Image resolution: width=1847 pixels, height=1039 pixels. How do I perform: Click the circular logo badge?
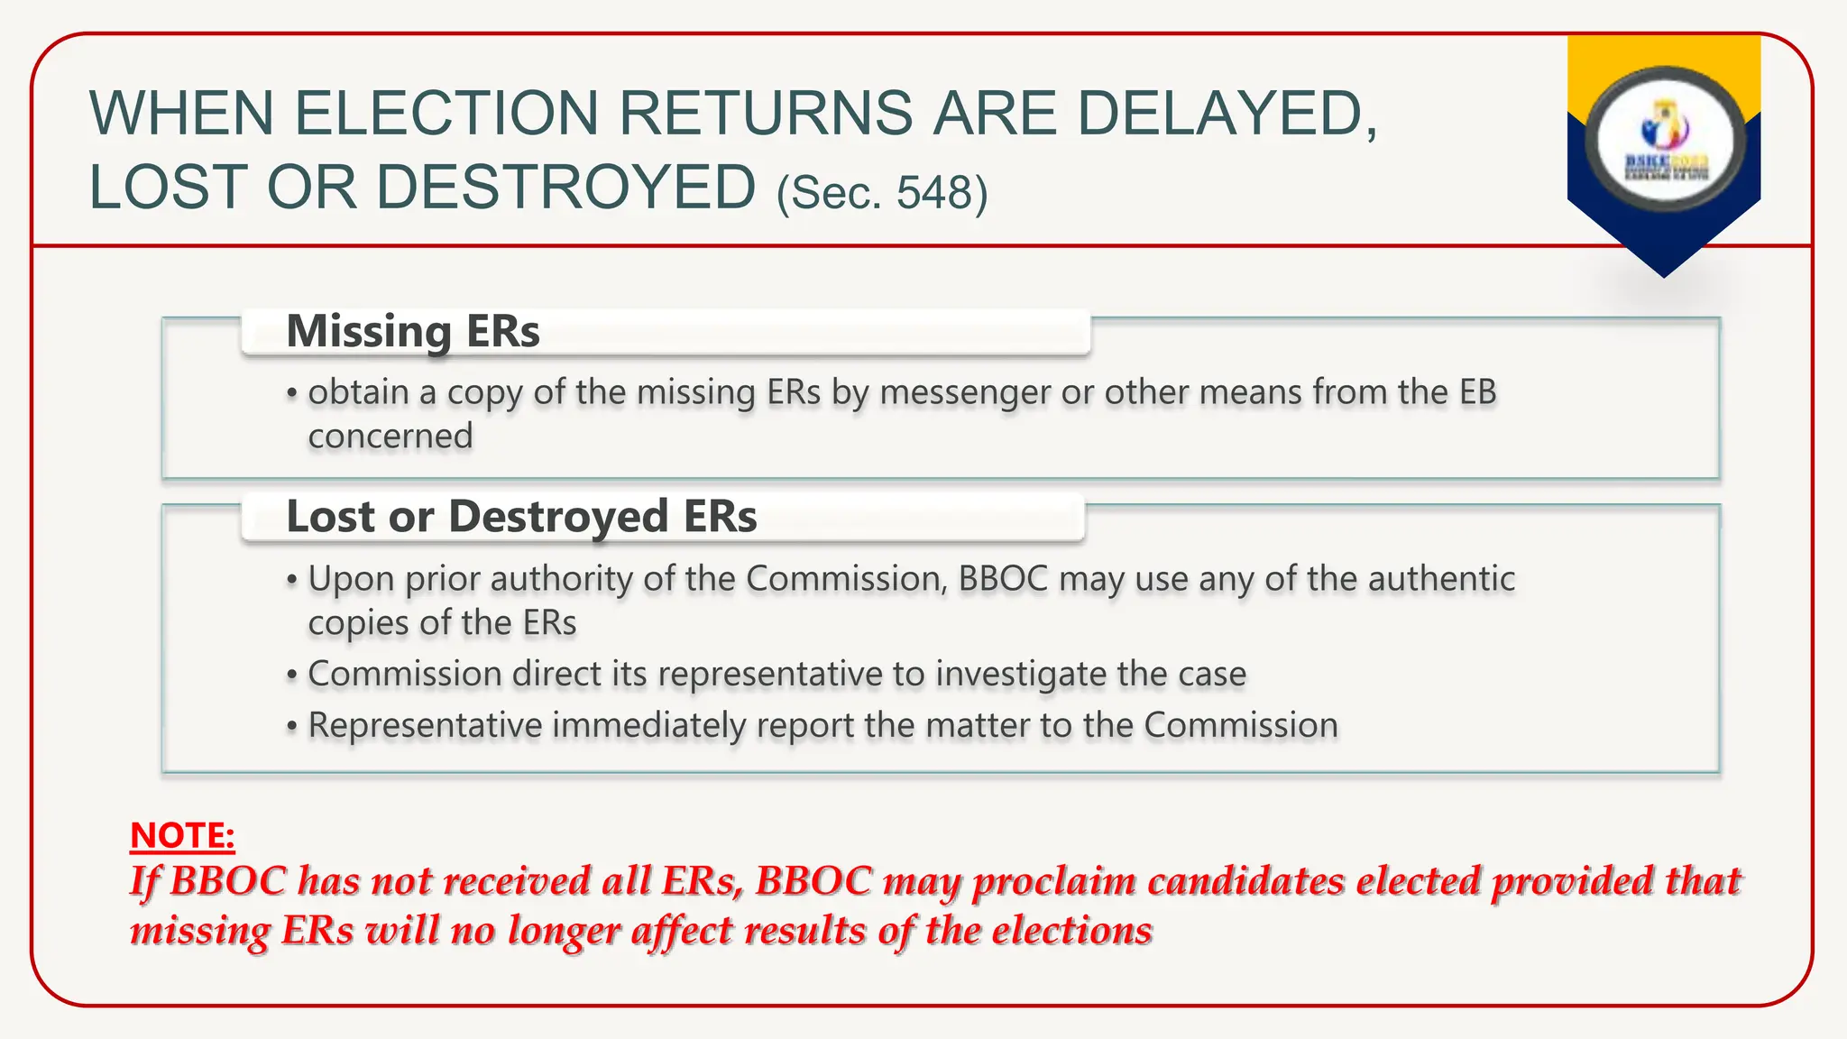[x=1665, y=139]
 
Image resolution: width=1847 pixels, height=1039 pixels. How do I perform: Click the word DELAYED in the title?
[x=1227, y=114]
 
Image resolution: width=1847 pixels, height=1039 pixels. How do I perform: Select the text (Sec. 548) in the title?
[x=882, y=192]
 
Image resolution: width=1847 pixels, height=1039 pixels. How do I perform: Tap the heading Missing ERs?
[x=413, y=331]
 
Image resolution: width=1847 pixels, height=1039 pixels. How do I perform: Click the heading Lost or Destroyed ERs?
[x=521, y=517]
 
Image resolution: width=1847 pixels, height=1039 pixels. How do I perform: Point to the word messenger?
[x=965, y=392]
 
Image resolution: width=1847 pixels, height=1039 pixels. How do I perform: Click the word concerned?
[x=391, y=437]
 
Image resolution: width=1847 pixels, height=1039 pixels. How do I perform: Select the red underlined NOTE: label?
[x=182, y=835]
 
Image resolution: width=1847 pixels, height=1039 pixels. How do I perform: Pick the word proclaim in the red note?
[x=1053, y=881]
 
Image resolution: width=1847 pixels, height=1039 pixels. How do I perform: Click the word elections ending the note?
[x=1072, y=930]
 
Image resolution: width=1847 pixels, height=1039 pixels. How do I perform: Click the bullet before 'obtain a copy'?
[x=291, y=394]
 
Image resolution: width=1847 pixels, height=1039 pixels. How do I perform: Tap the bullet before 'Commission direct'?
[x=291, y=676]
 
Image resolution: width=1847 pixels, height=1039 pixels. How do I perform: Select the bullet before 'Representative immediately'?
[x=291, y=727]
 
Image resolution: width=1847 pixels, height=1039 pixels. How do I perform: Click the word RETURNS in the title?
[x=766, y=114]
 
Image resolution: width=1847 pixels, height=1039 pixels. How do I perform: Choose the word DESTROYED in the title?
[x=565, y=188]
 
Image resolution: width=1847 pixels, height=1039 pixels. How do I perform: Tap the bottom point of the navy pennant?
[x=1664, y=275]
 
